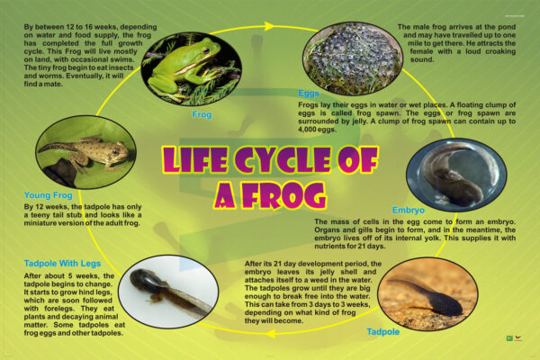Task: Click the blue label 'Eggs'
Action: pos(309,94)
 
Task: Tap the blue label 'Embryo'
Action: pos(408,210)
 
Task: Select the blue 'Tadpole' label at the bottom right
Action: pos(383,332)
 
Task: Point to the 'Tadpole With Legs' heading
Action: pos(62,264)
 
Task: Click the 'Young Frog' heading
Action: pos(49,195)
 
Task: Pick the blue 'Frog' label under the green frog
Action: pos(202,114)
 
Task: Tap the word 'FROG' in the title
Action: pos(284,195)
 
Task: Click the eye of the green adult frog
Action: pos(206,51)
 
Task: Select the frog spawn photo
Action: pos(352,58)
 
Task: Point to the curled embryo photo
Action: pos(456,175)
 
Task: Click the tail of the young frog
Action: pos(58,147)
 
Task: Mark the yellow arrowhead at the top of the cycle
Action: pos(268,26)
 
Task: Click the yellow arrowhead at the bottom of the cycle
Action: pos(271,334)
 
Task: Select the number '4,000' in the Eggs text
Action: pos(307,130)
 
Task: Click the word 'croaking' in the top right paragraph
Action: pos(500,51)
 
